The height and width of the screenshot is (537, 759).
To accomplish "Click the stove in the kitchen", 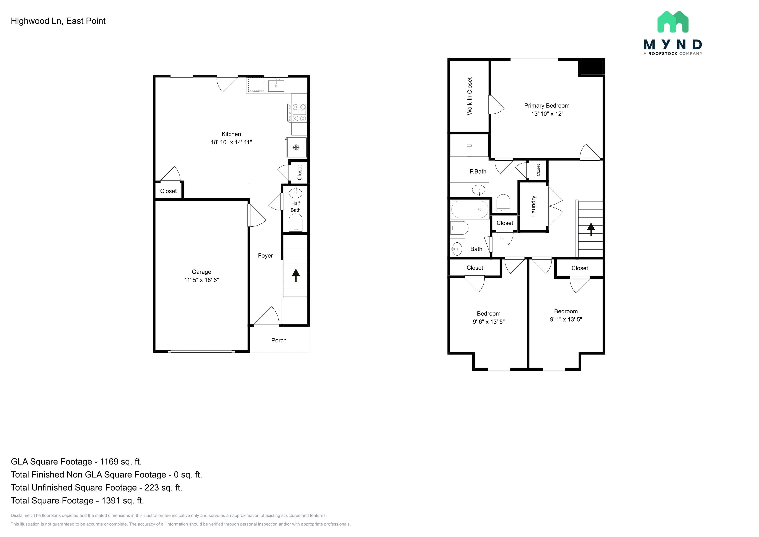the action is tap(297, 113).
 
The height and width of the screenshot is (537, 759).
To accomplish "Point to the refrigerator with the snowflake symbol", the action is tap(296, 147).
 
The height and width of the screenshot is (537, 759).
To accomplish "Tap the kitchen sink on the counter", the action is tap(276, 85).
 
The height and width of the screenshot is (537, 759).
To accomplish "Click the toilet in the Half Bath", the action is tap(296, 223).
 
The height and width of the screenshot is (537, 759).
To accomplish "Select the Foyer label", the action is tap(265, 256).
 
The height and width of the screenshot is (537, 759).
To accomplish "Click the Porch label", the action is tap(279, 340).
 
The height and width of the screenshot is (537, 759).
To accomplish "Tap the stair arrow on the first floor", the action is tap(296, 275).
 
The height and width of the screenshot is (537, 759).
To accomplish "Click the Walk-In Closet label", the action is tap(470, 96).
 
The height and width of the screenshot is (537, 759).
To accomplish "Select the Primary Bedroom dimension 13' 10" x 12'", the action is tap(547, 114).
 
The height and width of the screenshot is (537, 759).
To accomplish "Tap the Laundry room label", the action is tap(533, 206).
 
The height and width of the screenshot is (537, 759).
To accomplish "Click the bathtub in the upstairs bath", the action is tap(470, 209).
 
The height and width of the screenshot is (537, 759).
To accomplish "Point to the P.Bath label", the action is tap(478, 171).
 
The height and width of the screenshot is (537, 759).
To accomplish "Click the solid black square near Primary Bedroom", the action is tap(591, 68).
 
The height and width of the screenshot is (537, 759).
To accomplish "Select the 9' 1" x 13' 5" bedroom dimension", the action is tap(566, 319).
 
